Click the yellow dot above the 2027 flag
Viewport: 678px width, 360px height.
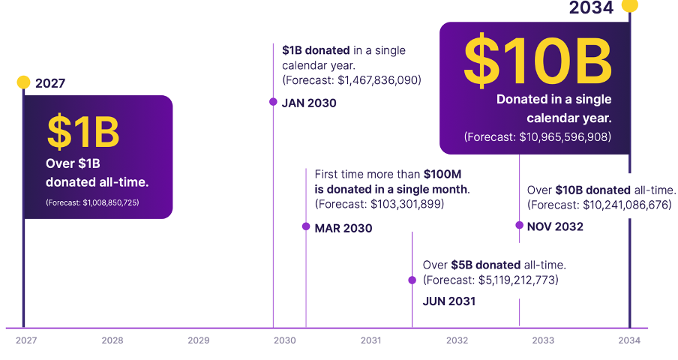point(23,82)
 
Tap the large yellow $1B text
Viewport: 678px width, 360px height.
point(83,131)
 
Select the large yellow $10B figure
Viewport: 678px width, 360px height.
point(538,59)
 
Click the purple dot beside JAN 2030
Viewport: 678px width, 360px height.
point(273,102)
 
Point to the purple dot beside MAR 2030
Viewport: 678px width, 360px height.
point(306,226)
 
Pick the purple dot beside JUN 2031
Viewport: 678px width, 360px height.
point(412,280)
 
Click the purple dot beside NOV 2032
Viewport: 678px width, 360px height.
point(519,225)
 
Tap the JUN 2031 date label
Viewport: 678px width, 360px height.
point(449,301)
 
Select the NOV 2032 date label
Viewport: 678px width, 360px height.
point(555,226)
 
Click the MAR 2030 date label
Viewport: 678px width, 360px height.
point(343,228)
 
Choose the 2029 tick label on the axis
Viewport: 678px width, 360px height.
point(199,340)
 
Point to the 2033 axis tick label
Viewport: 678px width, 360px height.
point(543,340)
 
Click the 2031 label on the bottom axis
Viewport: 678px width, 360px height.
point(370,340)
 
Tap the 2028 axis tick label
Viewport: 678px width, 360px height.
point(112,340)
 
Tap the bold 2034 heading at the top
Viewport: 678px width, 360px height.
point(591,8)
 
